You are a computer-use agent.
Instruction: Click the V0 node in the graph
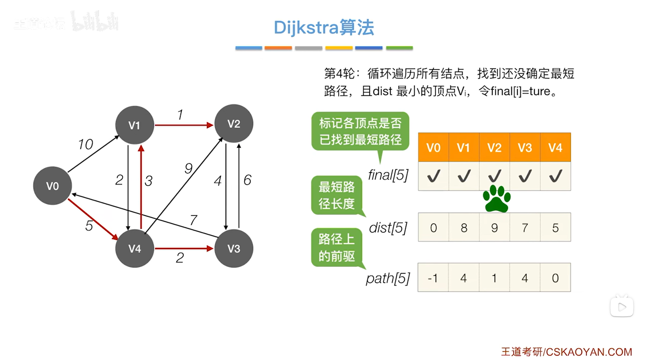pos(52,186)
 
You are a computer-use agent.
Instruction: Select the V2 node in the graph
pos(234,124)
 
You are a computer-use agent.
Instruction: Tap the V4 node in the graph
pos(134,248)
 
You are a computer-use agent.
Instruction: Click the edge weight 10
pos(85,145)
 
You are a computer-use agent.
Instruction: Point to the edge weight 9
pos(189,168)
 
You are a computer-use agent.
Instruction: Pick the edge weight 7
pos(193,220)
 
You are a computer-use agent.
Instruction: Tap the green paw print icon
pos(496,199)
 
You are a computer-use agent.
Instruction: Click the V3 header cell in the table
pos(525,148)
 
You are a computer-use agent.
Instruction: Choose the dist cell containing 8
pos(464,228)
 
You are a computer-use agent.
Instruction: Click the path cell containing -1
pos(433,278)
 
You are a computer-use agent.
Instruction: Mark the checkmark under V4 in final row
pos(555,176)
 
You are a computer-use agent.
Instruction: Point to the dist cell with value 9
pos(494,228)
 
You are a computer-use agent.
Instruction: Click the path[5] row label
pos(388,279)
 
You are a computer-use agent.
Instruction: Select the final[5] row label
pos(388,175)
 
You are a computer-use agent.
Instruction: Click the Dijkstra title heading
pos(324,27)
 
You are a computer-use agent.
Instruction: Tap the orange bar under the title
pos(278,48)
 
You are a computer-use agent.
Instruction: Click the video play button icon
pos(622,307)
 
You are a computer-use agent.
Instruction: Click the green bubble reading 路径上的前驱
pos(336,247)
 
